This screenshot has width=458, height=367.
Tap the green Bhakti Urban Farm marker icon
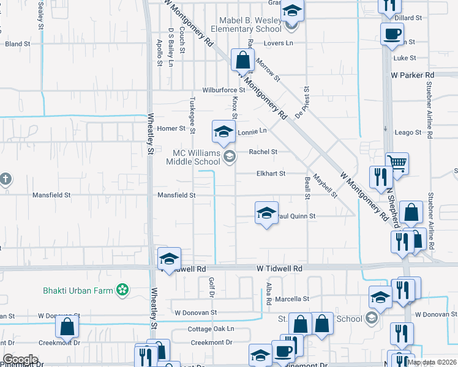123,288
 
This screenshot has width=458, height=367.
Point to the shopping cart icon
397,163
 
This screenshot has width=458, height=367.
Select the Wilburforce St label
224,90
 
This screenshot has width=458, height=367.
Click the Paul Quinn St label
297,216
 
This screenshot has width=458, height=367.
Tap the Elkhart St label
270,174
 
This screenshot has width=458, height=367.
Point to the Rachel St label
263,152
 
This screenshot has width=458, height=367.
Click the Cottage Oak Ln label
211,328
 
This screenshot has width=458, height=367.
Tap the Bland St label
18,44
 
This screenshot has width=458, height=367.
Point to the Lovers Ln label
279,43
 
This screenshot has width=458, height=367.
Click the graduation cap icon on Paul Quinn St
266,212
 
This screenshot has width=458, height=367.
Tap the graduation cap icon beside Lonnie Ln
223,131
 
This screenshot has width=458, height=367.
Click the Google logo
20,360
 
